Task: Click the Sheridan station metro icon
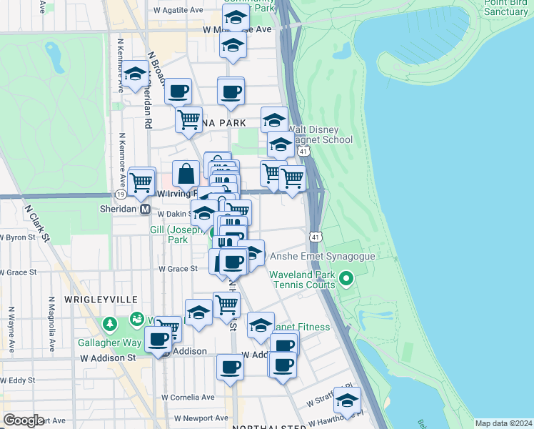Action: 145,209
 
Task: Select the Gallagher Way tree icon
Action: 110,325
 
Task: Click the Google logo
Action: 24,420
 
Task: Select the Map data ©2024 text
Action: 503,423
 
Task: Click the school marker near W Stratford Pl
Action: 347,400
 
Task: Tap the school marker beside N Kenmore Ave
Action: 135,74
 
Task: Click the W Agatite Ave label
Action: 178,11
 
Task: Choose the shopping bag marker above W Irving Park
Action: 186,174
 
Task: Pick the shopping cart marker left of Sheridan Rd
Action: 141,182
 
